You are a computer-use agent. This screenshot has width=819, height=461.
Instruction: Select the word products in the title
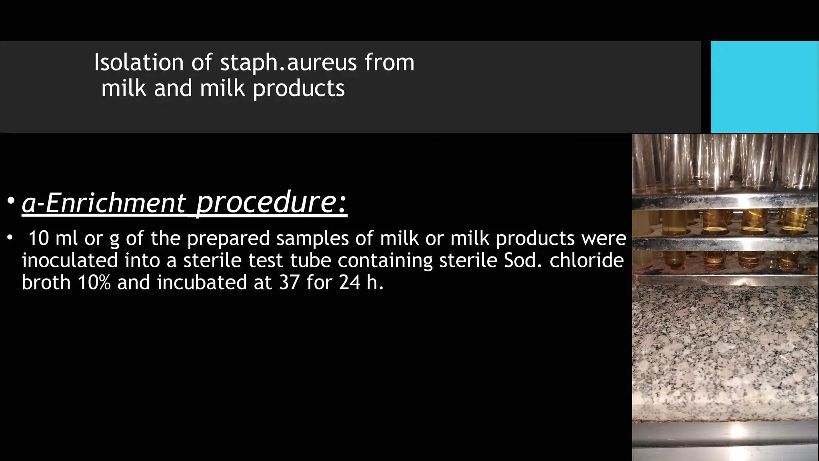299,88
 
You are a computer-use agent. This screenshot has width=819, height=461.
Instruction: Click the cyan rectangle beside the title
764,87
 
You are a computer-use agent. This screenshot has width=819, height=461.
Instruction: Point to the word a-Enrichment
104,202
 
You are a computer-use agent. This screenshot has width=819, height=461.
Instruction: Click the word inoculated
70,261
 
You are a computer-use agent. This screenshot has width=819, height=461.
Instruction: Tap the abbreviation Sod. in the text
521,261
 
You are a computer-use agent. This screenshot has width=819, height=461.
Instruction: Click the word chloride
586,261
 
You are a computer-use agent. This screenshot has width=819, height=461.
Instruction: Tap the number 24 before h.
350,283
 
